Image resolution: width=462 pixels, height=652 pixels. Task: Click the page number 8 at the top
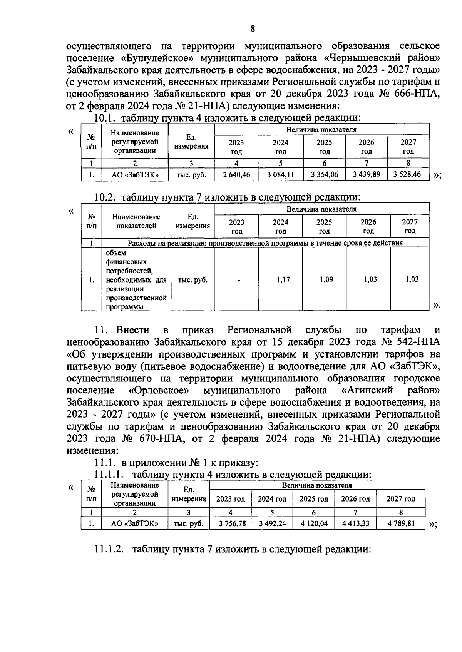click(x=253, y=28)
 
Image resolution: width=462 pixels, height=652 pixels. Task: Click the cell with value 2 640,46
click(x=236, y=175)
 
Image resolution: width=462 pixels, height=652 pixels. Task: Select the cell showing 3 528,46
click(x=407, y=174)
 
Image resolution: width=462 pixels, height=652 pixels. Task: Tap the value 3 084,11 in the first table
click(x=281, y=175)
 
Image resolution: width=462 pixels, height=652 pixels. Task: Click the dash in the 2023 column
click(x=239, y=280)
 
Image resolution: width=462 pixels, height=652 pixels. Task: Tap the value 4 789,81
click(x=401, y=523)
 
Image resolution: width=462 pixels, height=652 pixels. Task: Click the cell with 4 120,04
click(x=314, y=523)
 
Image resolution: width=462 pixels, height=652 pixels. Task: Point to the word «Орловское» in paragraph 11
click(x=159, y=390)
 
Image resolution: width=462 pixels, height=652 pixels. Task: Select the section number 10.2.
click(x=105, y=197)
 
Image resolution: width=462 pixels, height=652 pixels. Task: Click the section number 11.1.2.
click(x=109, y=549)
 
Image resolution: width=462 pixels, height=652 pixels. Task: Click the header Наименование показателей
click(x=136, y=221)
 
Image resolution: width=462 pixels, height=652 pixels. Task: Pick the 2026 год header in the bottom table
click(x=355, y=499)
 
